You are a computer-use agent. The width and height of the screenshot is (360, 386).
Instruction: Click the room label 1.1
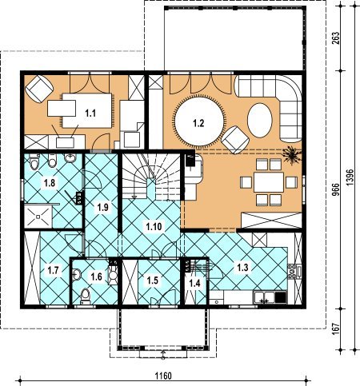pyautogui.click(x=90, y=113)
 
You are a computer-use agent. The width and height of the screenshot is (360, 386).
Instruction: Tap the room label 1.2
pyautogui.click(x=198, y=123)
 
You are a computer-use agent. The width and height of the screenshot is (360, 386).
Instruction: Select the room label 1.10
pyautogui.click(x=154, y=226)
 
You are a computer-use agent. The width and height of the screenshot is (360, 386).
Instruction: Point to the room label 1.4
pyautogui.click(x=194, y=283)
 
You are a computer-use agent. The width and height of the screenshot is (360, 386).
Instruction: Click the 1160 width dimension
pyautogui.click(x=163, y=376)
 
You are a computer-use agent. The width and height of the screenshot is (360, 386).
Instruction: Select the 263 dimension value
pyautogui.click(x=336, y=38)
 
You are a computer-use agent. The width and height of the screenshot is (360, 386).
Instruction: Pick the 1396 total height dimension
pyautogui.click(x=350, y=177)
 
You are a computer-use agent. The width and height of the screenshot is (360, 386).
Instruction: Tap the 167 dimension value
pyautogui.click(x=336, y=329)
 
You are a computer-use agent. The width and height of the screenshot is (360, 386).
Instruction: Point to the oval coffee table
pyautogui.click(x=260, y=120)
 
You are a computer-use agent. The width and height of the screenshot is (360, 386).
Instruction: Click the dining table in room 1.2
pyautogui.click(x=269, y=182)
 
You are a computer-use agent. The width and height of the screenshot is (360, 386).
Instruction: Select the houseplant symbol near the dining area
pyautogui.click(x=292, y=155)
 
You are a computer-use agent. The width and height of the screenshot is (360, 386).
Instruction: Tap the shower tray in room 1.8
pyautogui.click(x=38, y=216)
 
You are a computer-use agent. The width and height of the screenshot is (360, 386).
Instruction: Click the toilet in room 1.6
pyautogui.click(x=86, y=296)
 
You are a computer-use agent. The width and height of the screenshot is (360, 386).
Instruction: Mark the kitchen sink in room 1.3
pyautogui.click(x=265, y=296)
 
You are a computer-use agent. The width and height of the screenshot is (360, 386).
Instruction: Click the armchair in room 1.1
pyautogui.click(x=39, y=89)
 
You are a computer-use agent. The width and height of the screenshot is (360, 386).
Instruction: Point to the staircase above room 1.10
pyautogui.click(x=151, y=177)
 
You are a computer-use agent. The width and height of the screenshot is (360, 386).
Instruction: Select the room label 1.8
pyautogui.click(x=50, y=183)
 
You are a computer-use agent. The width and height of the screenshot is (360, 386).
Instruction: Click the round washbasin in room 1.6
pyautogui.click(x=77, y=274)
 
